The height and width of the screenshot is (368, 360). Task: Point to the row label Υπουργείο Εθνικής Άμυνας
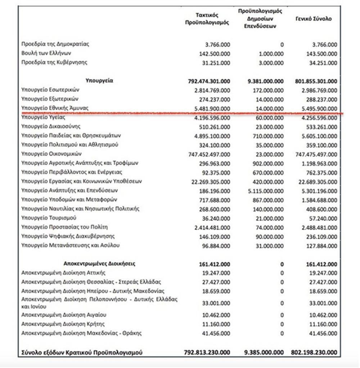click(55, 108)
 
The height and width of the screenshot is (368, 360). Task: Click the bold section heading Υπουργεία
click(99, 81)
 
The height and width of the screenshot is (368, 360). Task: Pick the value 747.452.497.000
click(209, 154)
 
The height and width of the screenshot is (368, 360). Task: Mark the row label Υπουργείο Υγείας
click(43, 117)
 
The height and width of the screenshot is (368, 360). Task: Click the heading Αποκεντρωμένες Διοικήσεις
click(99, 264)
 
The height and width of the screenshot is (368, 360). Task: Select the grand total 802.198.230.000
click(314, 353)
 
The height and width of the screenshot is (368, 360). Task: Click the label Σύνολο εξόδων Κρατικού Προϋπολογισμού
click(82, 353)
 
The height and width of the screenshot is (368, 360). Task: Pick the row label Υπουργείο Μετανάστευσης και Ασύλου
click(70, 245)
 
